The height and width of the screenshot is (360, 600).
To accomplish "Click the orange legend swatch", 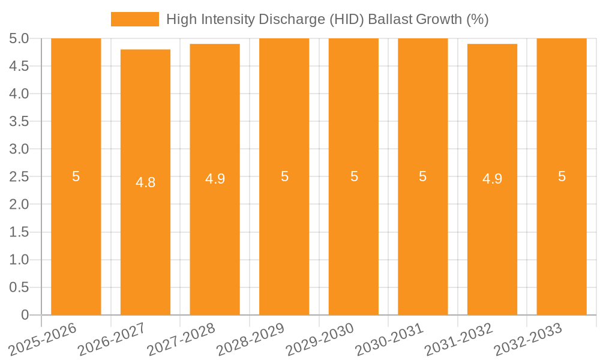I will coord(135,19).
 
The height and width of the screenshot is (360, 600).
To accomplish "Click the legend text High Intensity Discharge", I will coord(327,19).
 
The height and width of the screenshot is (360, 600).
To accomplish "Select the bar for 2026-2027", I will coord(145,240).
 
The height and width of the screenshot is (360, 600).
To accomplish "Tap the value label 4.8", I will coord(145,182).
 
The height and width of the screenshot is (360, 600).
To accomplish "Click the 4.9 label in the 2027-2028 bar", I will coord(215,179).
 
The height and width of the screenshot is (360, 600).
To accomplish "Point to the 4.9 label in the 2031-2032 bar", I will coord(492,179).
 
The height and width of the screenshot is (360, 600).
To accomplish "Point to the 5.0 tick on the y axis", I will coord(19,39).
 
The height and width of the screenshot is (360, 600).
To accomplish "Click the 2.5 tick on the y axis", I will coord(19,177).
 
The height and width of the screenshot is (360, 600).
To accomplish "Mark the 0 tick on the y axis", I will coord(25,315).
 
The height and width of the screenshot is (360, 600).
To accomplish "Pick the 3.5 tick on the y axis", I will coord(19,122).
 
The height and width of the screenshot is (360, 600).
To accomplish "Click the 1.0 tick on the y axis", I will coord(19,260).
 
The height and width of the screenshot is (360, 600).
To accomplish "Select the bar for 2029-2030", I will coord(353,240).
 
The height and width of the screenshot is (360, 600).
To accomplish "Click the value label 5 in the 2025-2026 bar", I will coord(76,176).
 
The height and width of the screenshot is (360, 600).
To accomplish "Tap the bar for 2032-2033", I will coord(562,240).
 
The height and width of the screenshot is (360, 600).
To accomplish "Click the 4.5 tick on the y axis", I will coord(19,67).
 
